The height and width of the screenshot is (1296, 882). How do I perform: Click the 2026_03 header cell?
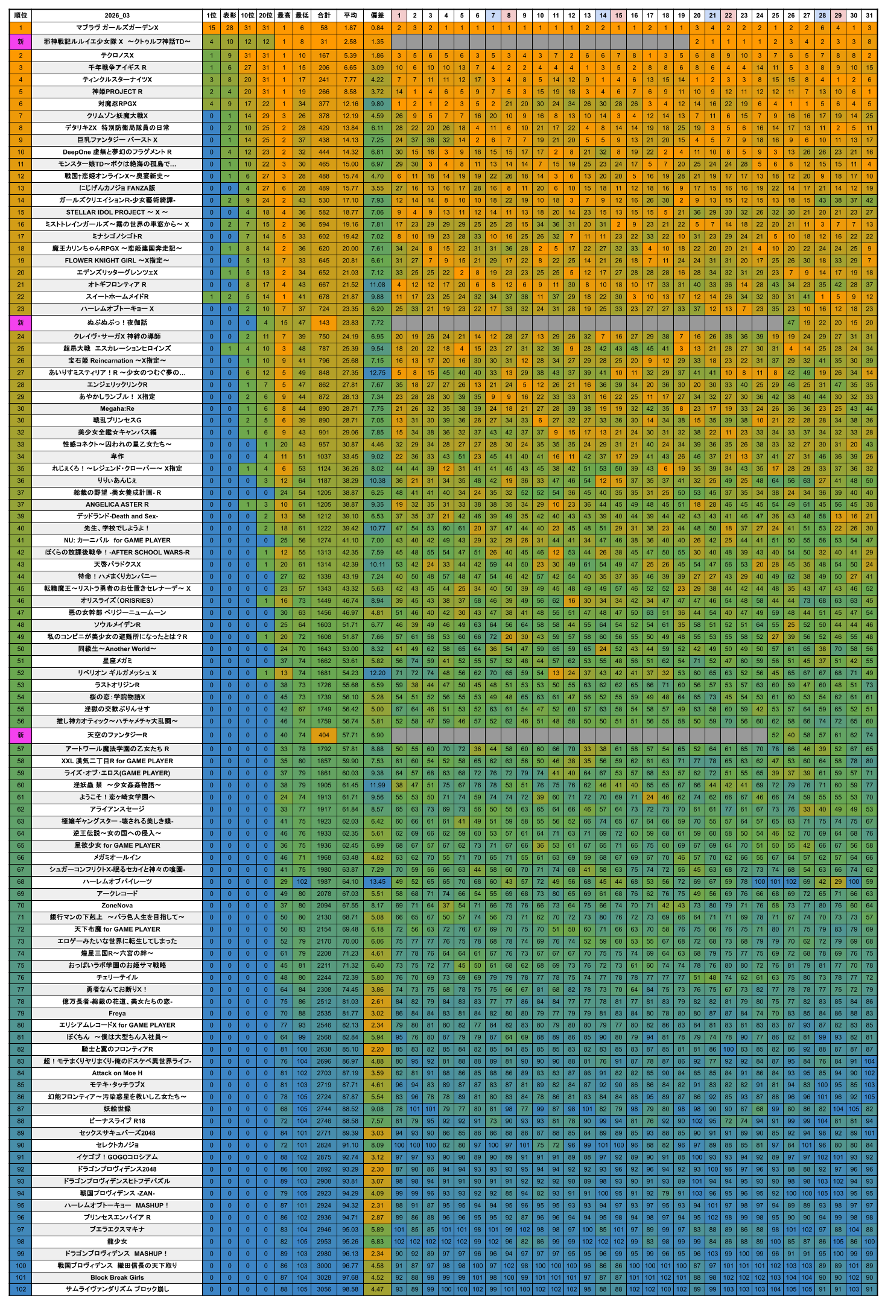117,16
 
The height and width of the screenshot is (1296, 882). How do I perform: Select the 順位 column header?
21,16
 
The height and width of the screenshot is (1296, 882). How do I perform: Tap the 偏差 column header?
377,16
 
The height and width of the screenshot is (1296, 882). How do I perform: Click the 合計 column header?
324,16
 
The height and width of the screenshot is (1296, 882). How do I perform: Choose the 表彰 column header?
229,16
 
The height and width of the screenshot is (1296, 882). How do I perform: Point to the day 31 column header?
869,16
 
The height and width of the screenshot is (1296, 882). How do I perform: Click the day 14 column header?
603,16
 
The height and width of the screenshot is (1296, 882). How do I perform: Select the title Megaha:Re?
117,408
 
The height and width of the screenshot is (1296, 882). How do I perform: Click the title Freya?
117,1013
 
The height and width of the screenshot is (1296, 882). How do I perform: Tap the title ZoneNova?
117,905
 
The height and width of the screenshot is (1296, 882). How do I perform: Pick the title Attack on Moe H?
117,1073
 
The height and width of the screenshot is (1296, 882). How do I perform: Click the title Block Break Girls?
117,1277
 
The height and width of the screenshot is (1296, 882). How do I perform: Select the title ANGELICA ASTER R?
117,504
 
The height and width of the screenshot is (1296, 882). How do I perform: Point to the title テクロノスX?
117,56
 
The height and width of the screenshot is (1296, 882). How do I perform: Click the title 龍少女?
117,1241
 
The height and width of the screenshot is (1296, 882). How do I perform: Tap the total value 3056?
324,1289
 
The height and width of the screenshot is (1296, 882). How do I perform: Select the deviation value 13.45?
377,881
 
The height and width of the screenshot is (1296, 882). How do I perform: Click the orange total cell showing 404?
324,735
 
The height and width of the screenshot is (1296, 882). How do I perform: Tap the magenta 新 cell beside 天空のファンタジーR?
21,735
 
